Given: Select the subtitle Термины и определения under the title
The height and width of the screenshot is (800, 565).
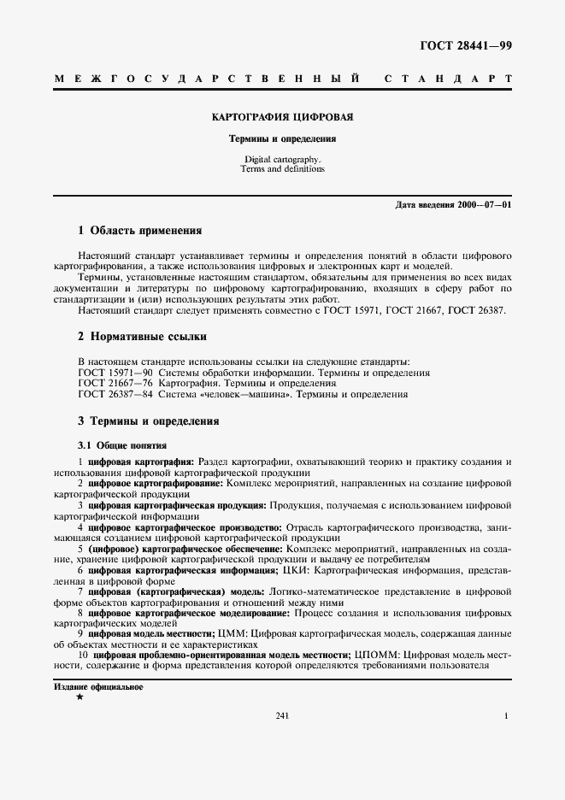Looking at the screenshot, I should (x=282, y=138).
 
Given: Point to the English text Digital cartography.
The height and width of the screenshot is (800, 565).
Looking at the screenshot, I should (x=282, y=160).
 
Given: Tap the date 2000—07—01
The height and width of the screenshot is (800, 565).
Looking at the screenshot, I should (x=483, y=205).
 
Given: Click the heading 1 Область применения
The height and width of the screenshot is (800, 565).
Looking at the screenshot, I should (x=139, y=230).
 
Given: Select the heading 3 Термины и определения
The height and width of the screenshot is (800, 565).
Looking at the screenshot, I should (x=148, y=421).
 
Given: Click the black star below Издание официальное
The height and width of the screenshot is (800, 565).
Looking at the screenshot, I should (x=79, y=698).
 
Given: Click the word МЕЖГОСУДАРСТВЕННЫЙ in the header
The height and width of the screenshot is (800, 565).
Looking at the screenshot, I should (x=206, y=79).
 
